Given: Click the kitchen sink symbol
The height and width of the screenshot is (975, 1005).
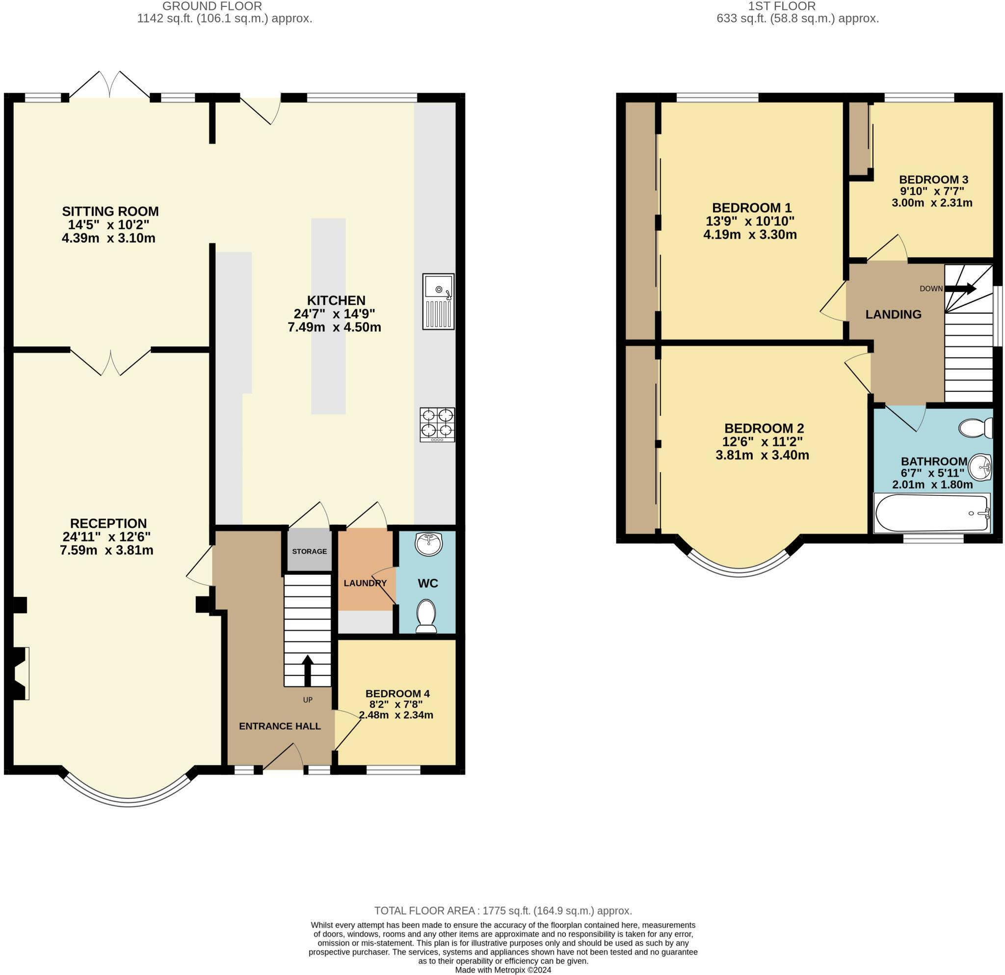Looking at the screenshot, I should [438, 301].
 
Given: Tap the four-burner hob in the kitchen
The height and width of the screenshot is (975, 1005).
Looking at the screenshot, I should [437, 424].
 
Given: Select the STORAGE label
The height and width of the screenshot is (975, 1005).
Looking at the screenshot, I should [309, 551].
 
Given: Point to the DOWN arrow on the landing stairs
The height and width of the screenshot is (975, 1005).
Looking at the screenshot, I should [960, 289].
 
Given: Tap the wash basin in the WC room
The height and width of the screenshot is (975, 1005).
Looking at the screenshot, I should [428, 544].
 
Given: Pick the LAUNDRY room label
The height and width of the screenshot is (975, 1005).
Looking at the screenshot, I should [365, 583].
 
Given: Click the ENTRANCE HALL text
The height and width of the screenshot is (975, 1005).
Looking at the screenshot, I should [280, 726].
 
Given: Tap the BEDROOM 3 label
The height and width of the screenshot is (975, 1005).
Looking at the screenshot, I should [933, 180].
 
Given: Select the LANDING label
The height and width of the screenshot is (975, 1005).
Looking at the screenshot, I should [893, 314].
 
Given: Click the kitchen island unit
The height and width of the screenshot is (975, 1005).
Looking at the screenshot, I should [328, 316].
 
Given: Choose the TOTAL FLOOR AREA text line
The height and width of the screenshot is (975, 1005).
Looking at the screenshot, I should [502, 911].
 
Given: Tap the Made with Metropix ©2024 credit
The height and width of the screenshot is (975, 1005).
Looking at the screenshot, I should [502, 970].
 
